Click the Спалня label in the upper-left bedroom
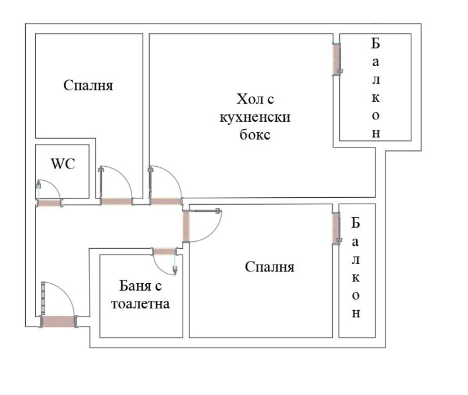point(88,85)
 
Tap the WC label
point(63,164)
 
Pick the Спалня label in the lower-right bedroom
point(269,267)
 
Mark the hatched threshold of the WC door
point(50,204)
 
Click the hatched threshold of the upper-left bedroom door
point(116,202)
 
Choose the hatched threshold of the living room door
point(166,201)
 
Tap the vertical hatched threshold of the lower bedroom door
point(186,225)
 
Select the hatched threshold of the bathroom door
point(164,252)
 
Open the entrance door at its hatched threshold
point(60,321)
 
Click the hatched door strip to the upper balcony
point(336,60)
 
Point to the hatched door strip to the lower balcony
point(336,227)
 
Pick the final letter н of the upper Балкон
point(376,133)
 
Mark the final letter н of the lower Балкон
point(356,313)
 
